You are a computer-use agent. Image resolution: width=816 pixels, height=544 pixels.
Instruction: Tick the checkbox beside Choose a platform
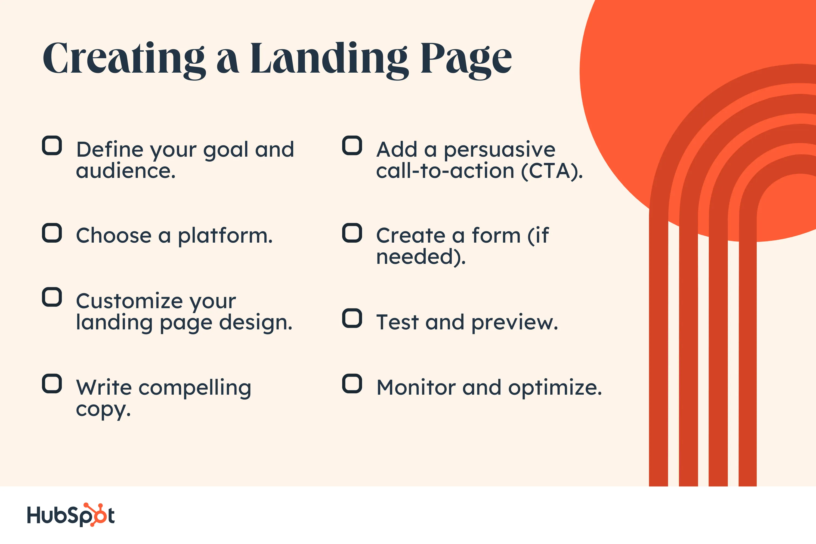pyautogui.click(x=52, y=233)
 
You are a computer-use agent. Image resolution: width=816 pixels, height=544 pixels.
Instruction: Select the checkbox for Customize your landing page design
pyautogui.click(x=52, y=297)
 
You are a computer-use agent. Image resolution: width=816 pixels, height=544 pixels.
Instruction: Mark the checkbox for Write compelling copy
pyautogui.click(x=52, y=384)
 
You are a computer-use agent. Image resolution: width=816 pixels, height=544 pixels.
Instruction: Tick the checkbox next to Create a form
pyautogui.click(x=352, y=233)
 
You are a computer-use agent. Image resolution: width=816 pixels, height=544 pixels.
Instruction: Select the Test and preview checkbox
pyautogui.click(x=352, y=318)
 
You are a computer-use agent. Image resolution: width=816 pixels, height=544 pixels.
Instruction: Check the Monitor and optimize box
pyautogui.click(x=352, y=384)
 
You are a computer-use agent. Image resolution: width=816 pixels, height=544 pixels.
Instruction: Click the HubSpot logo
pyautogui.click(x=71, y=515)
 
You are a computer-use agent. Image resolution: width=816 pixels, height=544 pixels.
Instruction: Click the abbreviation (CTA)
pyautogui.click(x=552, y=171)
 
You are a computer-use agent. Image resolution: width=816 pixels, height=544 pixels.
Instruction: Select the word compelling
pyautogui.click(x=195, y=388)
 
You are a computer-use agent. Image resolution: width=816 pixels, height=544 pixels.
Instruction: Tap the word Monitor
pyautogui.click(x=416, y=388)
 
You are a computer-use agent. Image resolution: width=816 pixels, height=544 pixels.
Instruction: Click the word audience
pyautogui.click(x=126, y=171)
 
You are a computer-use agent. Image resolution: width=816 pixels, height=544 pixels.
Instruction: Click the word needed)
pyautogui.click(x=421, y=257)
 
